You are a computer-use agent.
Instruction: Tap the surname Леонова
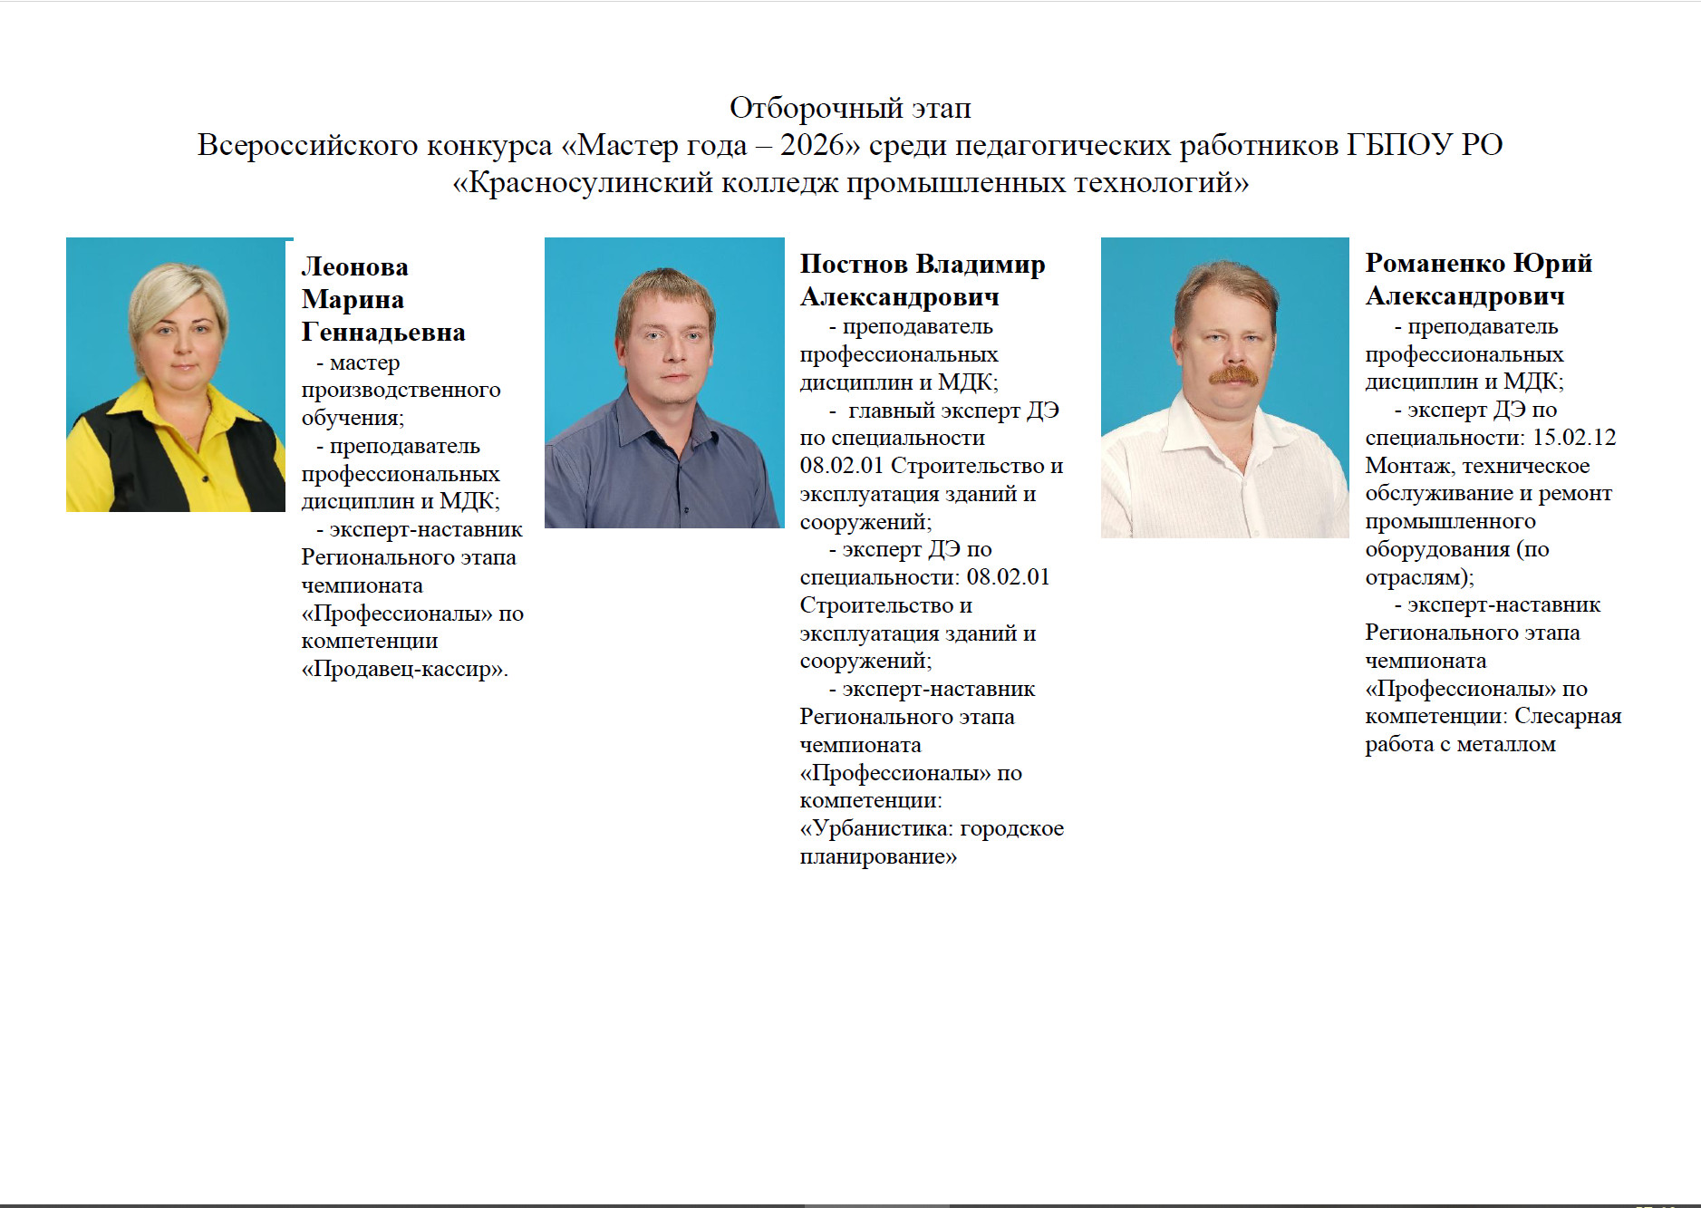tap(354, 266)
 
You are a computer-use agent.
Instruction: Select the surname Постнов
tap(854, 264)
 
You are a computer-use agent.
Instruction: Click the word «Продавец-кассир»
tap(404, 670)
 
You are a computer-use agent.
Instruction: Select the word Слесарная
tap(1568, 716)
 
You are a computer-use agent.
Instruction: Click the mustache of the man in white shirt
tap(1233, 374)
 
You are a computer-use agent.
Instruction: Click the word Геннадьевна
tap(383, 333)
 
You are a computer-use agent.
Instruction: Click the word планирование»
tap(878, 856)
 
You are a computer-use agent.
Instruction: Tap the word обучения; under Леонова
tap(353, 418)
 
